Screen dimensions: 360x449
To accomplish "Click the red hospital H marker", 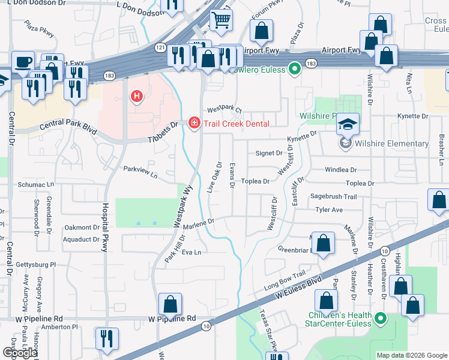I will pos(137,96).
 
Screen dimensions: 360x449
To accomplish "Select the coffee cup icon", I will pos(23,62).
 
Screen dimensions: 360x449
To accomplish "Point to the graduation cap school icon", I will pos(348,124).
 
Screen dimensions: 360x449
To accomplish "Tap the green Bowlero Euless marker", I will pos(294,69).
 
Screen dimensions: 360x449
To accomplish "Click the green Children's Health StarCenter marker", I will pos(379,318).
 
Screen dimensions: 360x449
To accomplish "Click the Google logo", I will pos(19,352).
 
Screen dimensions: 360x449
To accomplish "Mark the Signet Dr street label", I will pos(269,154).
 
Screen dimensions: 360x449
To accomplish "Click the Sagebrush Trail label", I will pos(333,197).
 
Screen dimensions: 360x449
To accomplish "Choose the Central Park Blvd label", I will pos(68,127).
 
